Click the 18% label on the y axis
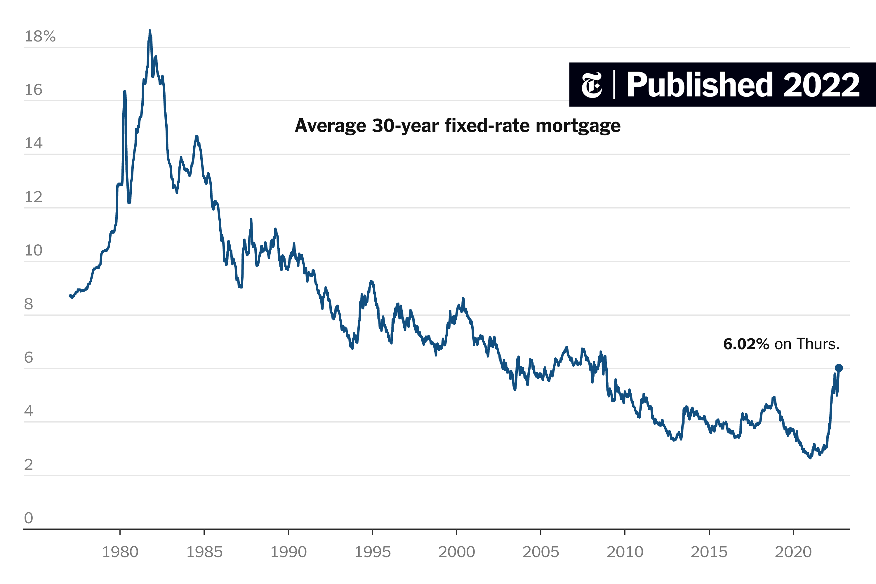click(x=40, y=36)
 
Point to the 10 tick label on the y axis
click(x=34, y=251)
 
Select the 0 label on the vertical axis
click(x=29, y=518)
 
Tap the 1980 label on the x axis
click(x=120, y=552)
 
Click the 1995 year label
click(x=373, y=552)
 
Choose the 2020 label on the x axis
click(x=793, y=552)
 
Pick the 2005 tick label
click(x=540, y=552)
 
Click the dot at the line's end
click(x=839, y=368)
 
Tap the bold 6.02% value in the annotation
click(x=746, y=344)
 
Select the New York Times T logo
click(x=592, y=85)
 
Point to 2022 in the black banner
click(x=821, y=85)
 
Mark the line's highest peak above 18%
click(x=150, y=31)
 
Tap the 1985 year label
click(x=204, y=552)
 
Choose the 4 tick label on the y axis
click(x=29, y=411)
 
